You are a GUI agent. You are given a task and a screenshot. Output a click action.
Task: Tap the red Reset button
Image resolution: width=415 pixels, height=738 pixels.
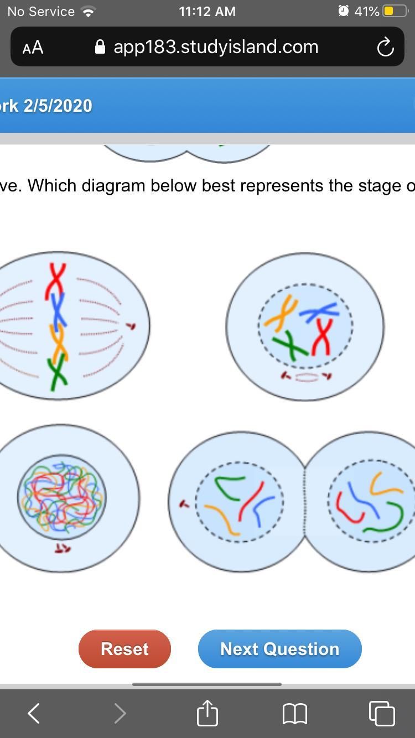(124, 648)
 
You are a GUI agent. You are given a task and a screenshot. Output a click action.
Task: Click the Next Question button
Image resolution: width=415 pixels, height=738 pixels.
(279, 648)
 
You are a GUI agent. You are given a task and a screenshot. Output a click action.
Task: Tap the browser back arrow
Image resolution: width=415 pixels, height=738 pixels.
(34, 713)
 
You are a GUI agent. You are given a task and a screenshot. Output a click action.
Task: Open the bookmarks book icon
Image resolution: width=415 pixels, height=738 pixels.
(294, 713)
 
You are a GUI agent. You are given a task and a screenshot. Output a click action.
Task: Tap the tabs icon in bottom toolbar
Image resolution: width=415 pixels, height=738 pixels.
(381, 713)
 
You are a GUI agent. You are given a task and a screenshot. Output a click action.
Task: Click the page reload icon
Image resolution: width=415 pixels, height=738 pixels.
(385, 48)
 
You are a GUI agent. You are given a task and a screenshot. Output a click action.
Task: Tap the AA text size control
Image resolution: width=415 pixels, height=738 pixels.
(33, 48)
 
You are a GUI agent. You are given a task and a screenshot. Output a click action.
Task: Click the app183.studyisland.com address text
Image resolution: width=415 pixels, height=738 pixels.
(216, 47)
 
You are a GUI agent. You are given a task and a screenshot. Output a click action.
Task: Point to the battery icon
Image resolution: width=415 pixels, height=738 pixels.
(395, 11)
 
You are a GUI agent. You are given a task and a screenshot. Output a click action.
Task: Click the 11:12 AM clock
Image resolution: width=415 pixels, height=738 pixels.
(207, 11)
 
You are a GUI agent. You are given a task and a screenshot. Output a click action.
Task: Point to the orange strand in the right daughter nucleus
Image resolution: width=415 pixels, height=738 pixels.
(385, 484)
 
